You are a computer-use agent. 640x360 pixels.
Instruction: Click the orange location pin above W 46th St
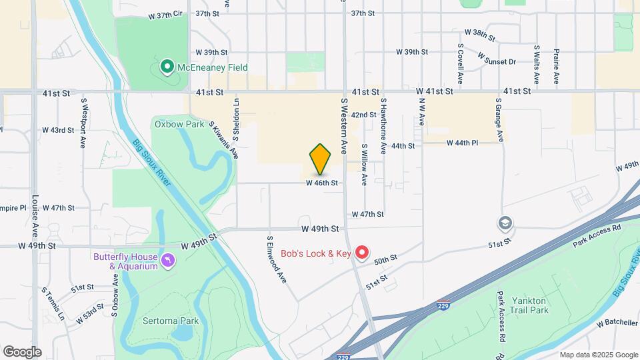coord(321,159)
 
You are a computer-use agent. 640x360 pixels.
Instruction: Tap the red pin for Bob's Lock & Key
coord(362,253)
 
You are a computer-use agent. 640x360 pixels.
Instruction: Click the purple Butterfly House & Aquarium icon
coord(168,260)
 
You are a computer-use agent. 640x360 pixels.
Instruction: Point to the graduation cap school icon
coord(506,223)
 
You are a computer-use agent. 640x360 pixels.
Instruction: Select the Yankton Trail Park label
coord(529,305)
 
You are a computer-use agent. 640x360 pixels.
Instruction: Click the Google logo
coord(22,351)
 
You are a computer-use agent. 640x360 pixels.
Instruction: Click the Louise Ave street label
coord(34,216)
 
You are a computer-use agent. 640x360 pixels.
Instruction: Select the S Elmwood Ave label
coord(277,258)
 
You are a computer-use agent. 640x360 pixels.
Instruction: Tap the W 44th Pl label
coord(463,143)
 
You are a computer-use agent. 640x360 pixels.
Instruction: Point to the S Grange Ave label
coord(499,120)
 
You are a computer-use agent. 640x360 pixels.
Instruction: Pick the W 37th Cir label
coord(165,13)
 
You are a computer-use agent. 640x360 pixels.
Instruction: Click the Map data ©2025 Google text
coord(598,355)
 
